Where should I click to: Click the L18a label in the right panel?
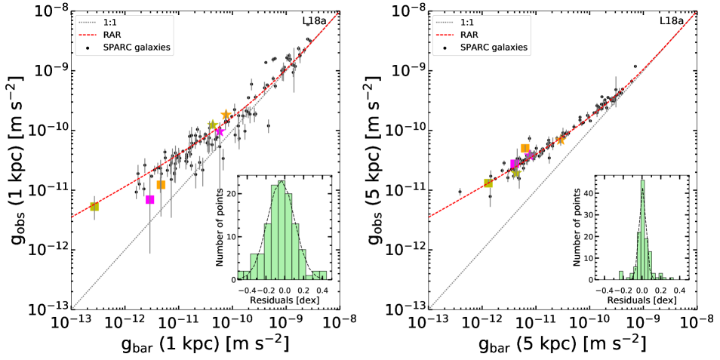pos(671,21)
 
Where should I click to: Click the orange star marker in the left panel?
pos(226,115)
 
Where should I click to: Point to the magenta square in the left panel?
pos(150,199)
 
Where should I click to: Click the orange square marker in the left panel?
pos(161,185)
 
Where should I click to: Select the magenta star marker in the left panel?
pos(220,131)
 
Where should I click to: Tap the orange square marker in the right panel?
pos(525,148)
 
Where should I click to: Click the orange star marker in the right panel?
pos(561,140)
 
